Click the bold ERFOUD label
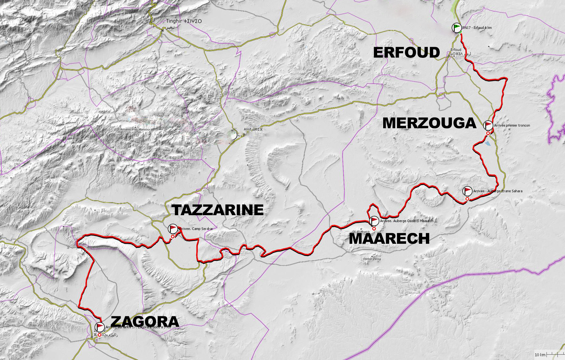pyautogui.click(x=406, y=52)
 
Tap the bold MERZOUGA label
pyautogui.click(x=429, y=123)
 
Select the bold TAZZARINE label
pyautogui.click(x=218, y=210)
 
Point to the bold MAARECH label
pyautogui.click(x=389, y=238)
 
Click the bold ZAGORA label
pyautogui.click(x=145, y=321)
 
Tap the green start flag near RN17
pyautogui.click(x=457, y=28)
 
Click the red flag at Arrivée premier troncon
pyautogui.click(x=488, y=125)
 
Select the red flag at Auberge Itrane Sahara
pyautogui.click(x=468, y=191)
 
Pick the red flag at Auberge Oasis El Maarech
pyautogui.click(x=374, y=221)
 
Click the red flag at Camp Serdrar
pyautogui.click(x=173, y=228)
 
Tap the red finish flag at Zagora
pyautogui.click(x=100, y=327)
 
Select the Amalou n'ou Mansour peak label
pyautogui.click(x=135, y=129)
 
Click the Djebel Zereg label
pyautogui.click(x=372, y=259)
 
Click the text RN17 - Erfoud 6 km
pyautogui.click(x=477, y=28)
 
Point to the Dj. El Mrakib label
pyautogui.click(x=361, y=232)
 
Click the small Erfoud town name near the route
pyautogui.click(x=456, y=50)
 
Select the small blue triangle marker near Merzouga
pyautogui.click(x=487, y=143)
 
